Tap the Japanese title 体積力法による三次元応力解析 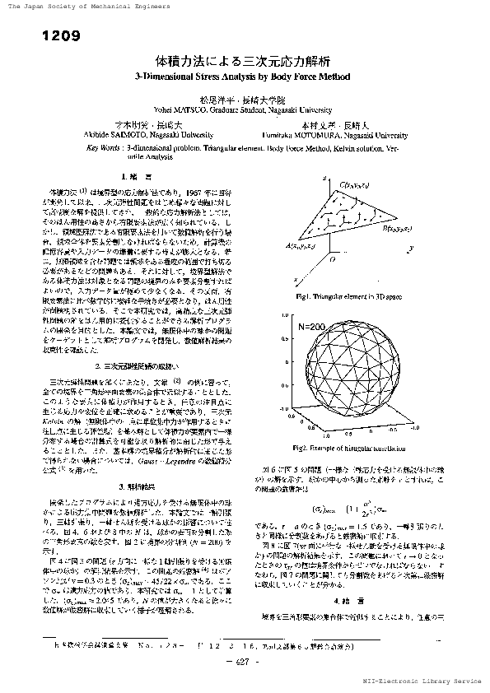(x=244, y=60)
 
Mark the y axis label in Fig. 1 (x=408, y=248)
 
